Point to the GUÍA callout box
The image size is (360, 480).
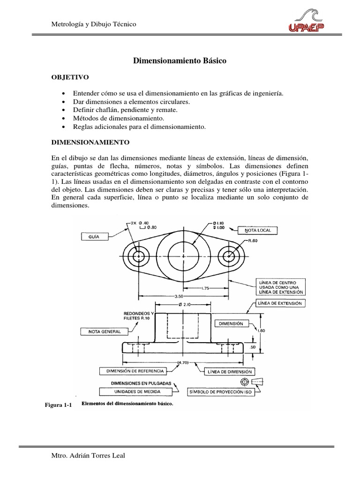pyautogui.click(x=96, y=237)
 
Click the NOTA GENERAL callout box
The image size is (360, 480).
pyautogui.click(x=105, y=331)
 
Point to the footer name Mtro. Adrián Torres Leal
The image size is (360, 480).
pyautogui.click(x=84, y=457)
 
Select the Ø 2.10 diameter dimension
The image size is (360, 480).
pyautogui.click(x=183, y=306)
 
